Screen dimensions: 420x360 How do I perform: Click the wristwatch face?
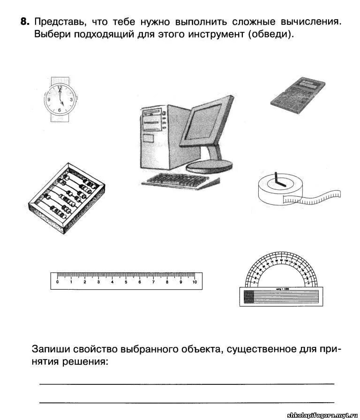(x=60, y=99)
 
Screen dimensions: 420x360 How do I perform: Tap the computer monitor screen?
(x=205, y=126)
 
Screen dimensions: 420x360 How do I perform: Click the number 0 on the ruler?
(x=57, y=282)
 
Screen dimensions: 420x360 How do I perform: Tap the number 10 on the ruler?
(x=195, y=282)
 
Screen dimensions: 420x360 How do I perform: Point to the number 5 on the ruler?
(x=126, y=282)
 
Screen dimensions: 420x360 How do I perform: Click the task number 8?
(x=25, y=22)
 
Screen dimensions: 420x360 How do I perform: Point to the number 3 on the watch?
(x=71, y=99)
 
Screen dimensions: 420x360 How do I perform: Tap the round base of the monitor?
(x=209, y=165)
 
